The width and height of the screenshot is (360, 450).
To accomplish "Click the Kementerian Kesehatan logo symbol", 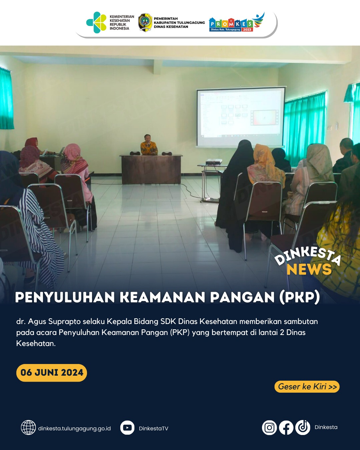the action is coord(96,22).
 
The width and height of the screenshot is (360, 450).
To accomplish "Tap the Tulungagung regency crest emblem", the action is coord(145,22).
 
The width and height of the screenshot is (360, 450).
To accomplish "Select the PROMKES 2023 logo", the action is coord(237,22).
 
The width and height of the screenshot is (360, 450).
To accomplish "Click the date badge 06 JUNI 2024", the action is coord(52,373).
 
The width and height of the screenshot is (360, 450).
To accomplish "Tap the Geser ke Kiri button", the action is coord(307,387).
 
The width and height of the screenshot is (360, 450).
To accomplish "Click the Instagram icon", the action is coord(269,428).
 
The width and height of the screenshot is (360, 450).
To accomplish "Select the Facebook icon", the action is coord(286,428).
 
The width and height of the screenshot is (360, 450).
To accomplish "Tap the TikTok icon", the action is coord(303,428).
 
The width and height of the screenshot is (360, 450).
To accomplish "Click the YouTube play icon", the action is coord(127,428).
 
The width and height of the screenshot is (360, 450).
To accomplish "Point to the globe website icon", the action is coord(28,428).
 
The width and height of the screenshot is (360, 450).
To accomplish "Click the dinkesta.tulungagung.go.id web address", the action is coord(74,428).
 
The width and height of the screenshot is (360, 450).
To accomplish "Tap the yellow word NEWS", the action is coord(309,269).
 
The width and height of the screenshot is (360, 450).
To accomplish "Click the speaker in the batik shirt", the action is coord(149,145).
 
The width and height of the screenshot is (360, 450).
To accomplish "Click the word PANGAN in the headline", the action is coord(242,297).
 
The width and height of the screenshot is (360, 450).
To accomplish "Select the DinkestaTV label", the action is coord(154,428).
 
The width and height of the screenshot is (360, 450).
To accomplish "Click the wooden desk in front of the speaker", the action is coord(151,169).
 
